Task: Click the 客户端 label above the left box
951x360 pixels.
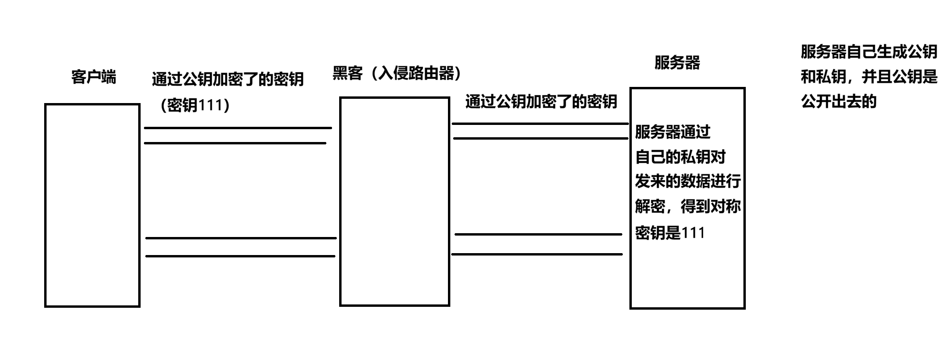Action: click(x=94, y=77)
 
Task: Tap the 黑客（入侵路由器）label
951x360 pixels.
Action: click(x=397, y=73)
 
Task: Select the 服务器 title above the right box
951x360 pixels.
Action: click(x=677, y=63)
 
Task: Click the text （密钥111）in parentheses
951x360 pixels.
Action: click(x=195, y=105)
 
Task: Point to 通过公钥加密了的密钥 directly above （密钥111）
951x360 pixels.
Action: click(x=228, y=79)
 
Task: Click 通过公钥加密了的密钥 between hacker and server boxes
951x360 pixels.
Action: click(x=541, y=102)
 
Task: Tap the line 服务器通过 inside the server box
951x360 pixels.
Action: click(x=673, y=132)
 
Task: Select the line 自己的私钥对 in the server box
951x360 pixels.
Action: click(x=680, y=157)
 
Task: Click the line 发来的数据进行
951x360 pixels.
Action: click(x=688, y=181)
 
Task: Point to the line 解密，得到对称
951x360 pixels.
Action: click(x=688, y=207)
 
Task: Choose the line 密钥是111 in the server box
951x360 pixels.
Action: click(x=670, y=233)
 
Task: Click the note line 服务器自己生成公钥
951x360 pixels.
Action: click(x=869, y=52)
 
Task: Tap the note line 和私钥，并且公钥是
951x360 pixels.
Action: click(x=869, y=76)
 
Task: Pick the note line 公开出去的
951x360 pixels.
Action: click(x=838, y=101)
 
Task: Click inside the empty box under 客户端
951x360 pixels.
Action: click(x=92, y=205)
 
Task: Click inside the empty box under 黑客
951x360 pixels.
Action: click(x=394, y=201)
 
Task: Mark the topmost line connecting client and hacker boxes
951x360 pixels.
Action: click(x=238, y=128)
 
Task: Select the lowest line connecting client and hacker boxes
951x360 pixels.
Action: click(x=240, y=256)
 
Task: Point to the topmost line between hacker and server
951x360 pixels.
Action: click(x=540, y=123)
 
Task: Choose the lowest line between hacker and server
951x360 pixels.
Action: click(x=537, y=255)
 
